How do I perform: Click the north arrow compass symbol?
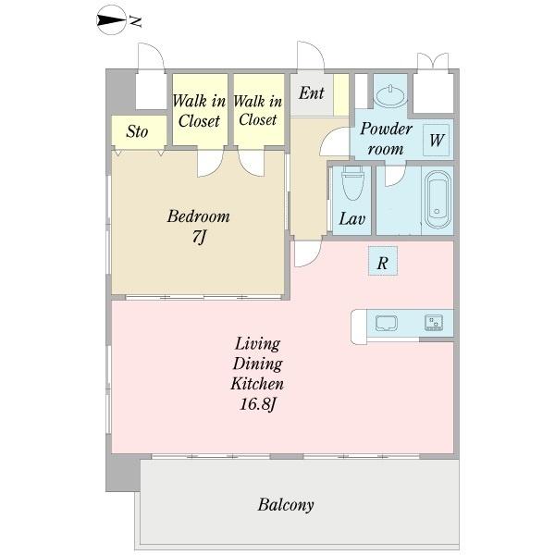pyautogui.click(x=112, y=20)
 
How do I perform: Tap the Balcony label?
pyautogui.click(x=286, y=505)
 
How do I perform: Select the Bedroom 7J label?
pyautogui.click(x=199, y=227)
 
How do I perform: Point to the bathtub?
pyautogui.click(x=438, y=199)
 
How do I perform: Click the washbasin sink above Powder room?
pyautogui.click(x=390, y=95)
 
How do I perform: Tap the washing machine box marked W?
pyautogui.click(x=437, y=141)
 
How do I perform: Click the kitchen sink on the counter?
pyautogui.click(x=387, y=323)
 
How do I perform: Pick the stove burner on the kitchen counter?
pyautogui.click(x=434, y=322)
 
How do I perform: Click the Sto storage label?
pyautogui.click(x=137, y=131)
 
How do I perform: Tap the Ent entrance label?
pyautogui.click(x=311, y=93)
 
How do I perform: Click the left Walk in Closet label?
pyautogui.click(x=199, y=111)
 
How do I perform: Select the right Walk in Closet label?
pyautogui.click(x=258, y=110)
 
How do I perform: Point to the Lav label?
pyautogui.click(x=351, y=218)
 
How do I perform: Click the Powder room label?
pyautogui.click(x=386, y=139)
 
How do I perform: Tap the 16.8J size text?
pyautogui.click(x=257, y=404)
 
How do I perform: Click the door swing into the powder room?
pyautogui.click(x=334, y=142)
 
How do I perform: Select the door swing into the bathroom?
pyautogui.click(x=395, y=176)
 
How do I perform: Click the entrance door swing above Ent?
pyautogui.click(x=311, y=55)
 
